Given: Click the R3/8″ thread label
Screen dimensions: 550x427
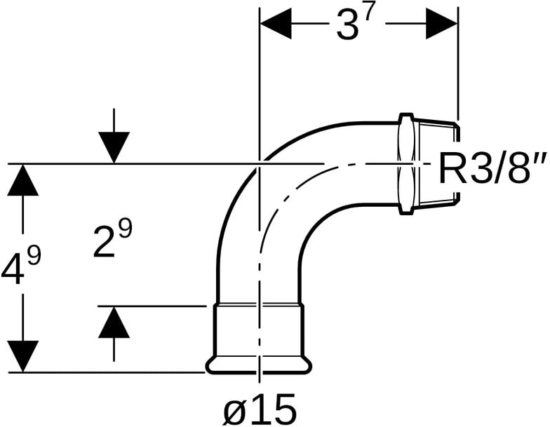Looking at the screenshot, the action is coord(493,169).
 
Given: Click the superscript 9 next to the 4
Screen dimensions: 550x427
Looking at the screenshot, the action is coord(34,257).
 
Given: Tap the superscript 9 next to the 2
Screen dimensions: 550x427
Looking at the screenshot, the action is coord(126,229).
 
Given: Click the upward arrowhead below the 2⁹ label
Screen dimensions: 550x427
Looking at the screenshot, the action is coord(114,323).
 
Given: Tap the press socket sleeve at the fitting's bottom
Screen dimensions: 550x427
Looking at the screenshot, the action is coord(258,331).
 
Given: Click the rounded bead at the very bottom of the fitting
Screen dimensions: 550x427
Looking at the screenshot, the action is coord(258,365).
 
